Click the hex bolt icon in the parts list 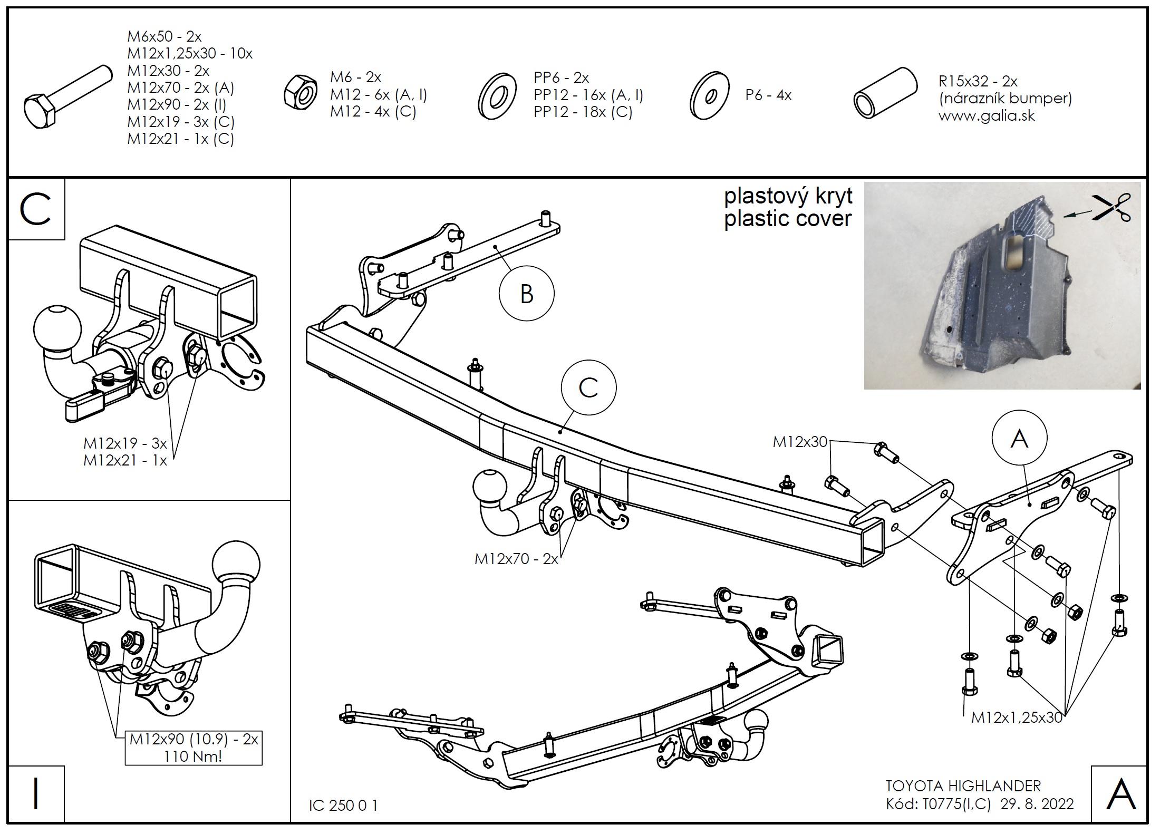point(67,96)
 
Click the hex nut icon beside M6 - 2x point(301,93)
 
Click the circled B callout point(526,294)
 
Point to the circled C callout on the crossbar point(588,388)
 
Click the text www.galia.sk point(986,115)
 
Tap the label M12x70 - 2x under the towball point(516,559)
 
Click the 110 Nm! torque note point(193,756)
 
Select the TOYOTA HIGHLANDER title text point(963,786)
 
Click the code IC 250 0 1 point(343,806)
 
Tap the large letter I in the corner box point(36,794)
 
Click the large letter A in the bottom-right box point(1120,794)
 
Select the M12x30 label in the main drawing point(799,442)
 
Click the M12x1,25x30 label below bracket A point(1016,717)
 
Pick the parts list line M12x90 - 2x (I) point(177,104)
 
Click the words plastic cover point(787,219)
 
